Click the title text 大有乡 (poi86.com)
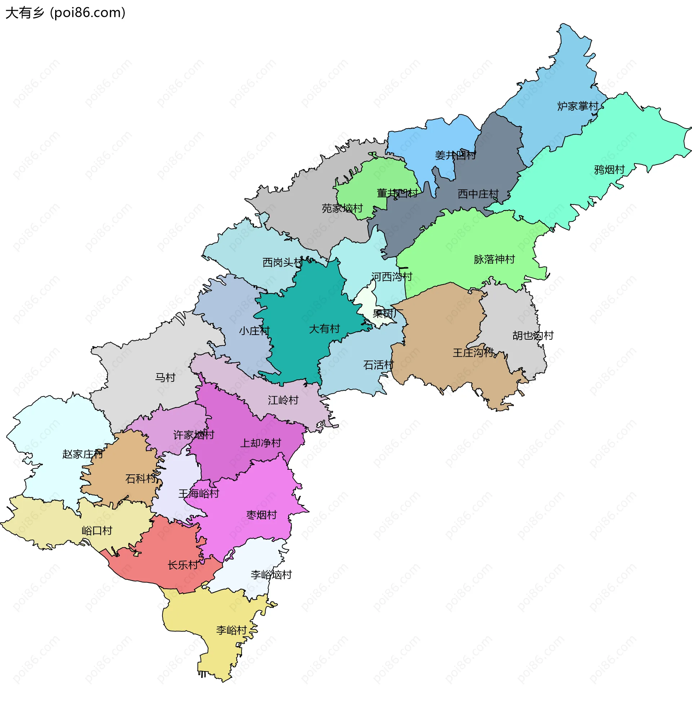click(x=66, y=13)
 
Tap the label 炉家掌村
click(x=577, y=106)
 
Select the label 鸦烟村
click(x=609, y=170)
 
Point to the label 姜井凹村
click(x=455, y=156)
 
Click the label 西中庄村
click(x=478, y=194)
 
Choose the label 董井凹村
click(x=397, y=193)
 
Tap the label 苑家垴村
click(x=342, y=209)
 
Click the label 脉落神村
click(x=494, y=259)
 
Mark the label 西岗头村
click(x=283, y=262)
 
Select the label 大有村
click(x=324, y=329)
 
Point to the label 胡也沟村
click(x=533, y=336)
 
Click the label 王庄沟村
click(x=473, y=353)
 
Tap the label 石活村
click(x=378, y=365)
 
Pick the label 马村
click(x=165, y=378)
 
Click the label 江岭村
click(x=283, y=400)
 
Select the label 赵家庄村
click(x=83, y=454)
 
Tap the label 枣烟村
click(x=261, y=515)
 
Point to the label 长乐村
click(x=183, y=565)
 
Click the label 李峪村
click(x=231, y=630)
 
